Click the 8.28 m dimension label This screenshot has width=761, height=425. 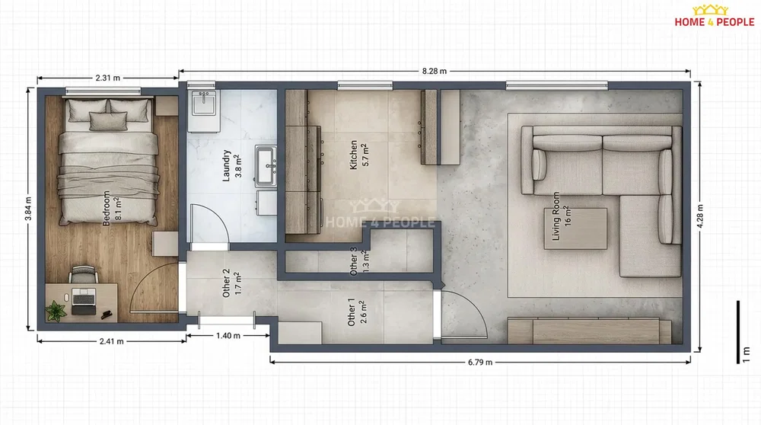pos(434,71)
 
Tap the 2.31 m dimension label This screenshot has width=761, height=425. pos(107,78)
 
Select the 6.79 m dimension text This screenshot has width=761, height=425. pos(480,362)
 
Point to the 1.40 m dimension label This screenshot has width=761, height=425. pos(228,336)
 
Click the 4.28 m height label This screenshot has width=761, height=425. pos(700,216)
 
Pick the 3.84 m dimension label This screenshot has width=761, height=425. pos(29,209)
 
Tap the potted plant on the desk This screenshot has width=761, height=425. pos(56,311)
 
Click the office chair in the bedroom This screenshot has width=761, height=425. pos(84,274)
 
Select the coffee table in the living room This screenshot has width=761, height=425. pos(575,228)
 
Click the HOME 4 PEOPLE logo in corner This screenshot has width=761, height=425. pos(715,16)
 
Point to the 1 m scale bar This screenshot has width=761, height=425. pos(738,332)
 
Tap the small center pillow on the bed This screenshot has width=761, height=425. pos(108,121)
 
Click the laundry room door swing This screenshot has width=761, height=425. pos(209,224)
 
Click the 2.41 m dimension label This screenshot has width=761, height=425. pos(112,341)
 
